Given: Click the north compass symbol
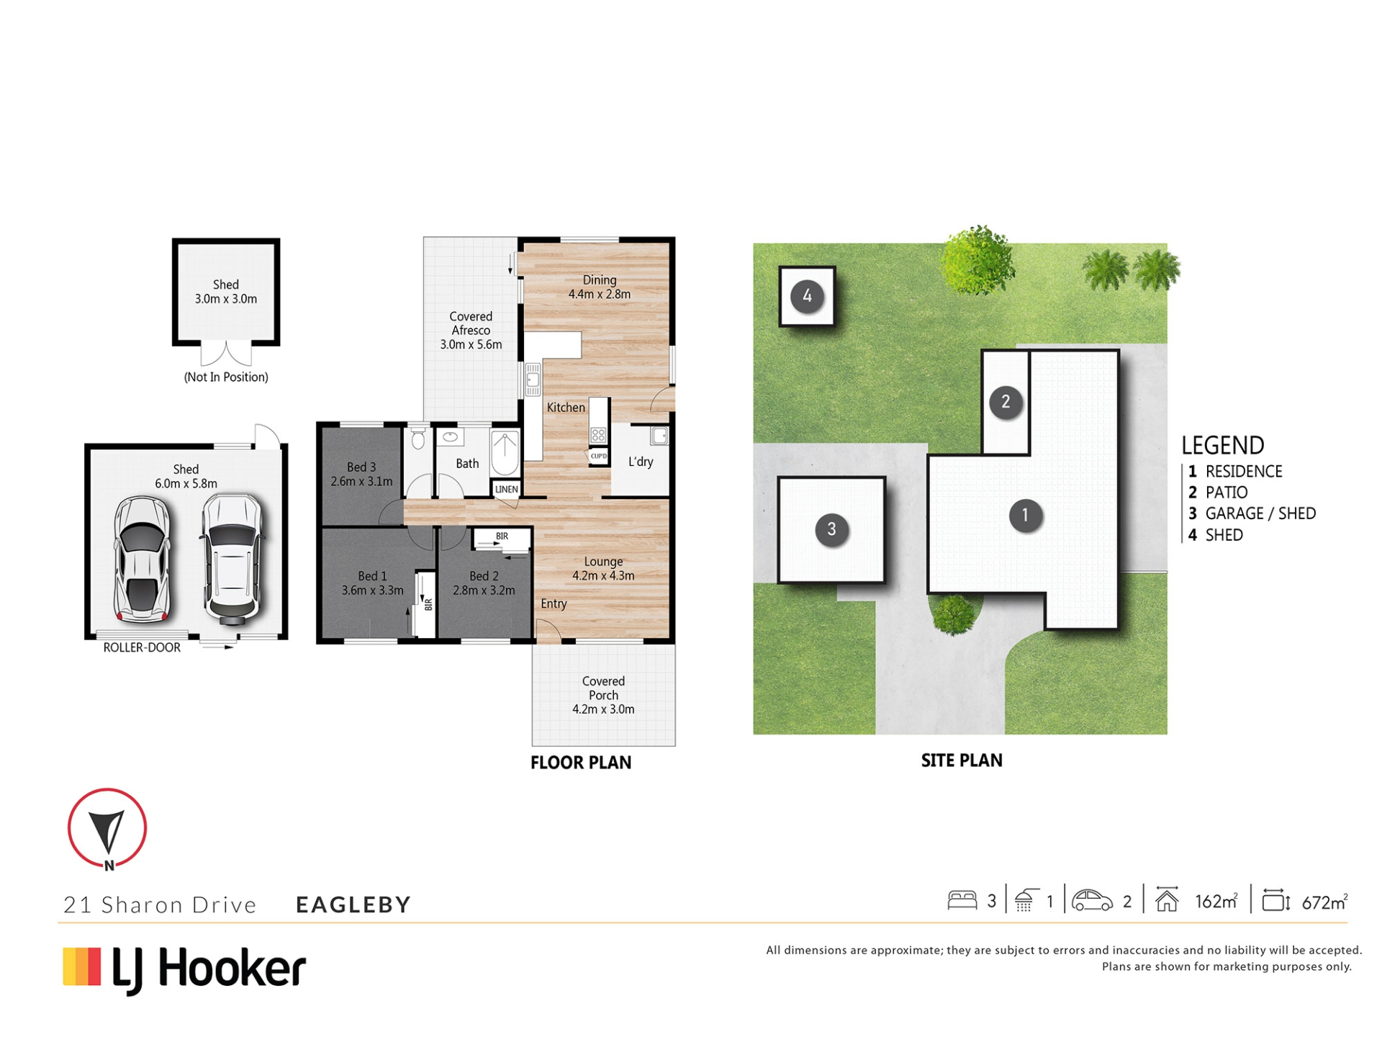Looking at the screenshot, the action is [107, 829].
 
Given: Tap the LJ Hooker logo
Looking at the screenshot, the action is [184, 969].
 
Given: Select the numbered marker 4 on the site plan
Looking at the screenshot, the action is [807, 296].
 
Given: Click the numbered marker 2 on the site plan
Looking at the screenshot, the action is [1006, 401].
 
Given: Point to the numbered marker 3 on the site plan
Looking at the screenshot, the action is [831, 529].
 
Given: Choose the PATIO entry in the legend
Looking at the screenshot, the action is [1218, 493].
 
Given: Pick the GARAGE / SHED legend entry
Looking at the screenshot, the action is [1252, 513].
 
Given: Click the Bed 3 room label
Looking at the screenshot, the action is [361, 475].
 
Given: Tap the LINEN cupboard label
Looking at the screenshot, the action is [507, 489].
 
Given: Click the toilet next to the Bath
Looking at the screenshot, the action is [418, 438].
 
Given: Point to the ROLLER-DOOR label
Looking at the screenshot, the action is [142, 647].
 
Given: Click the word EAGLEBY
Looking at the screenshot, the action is [353, 904].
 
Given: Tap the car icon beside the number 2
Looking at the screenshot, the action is [1092, 900].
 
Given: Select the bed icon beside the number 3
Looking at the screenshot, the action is [962, 900].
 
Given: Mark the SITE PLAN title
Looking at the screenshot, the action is [962, 760].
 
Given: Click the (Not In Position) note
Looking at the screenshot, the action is [226, 377].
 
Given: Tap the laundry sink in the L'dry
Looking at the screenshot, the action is [659, 435].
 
